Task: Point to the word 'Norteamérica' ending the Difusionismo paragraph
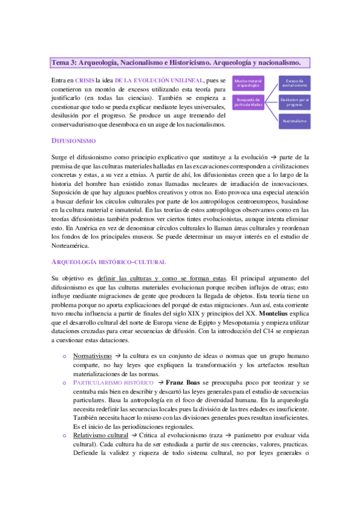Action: coord(70,245)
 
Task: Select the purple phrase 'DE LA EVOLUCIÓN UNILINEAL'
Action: coord(159,79)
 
